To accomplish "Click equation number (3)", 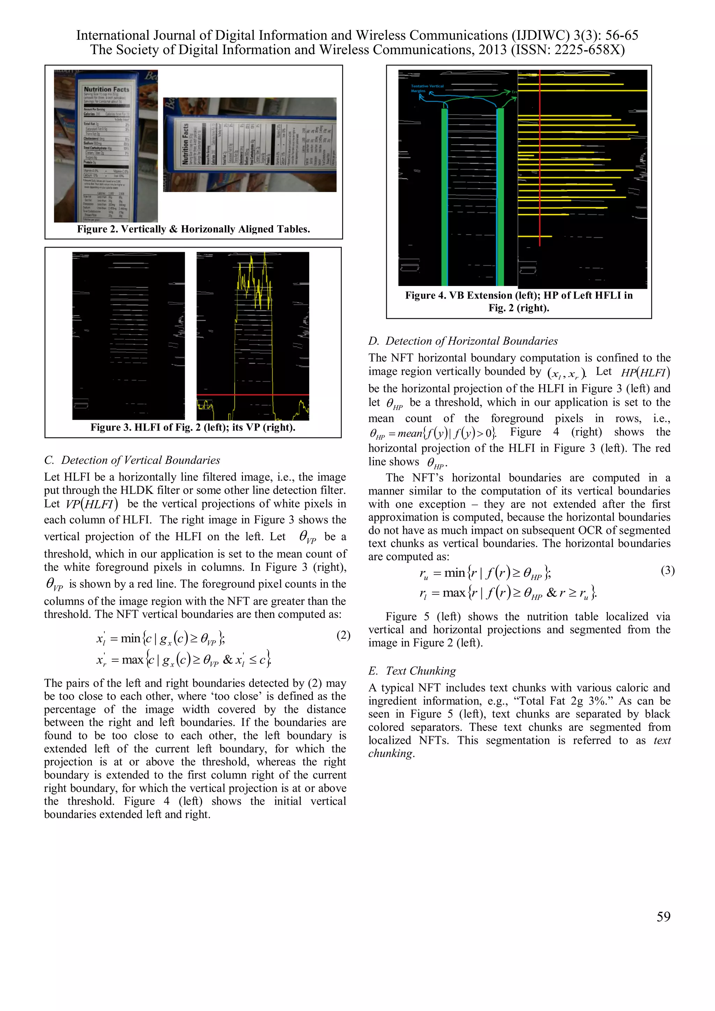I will point(668,570).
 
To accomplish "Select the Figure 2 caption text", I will point(193,229).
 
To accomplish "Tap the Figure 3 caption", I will point(193,427).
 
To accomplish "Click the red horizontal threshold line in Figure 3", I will point(253,395).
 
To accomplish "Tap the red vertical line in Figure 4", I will point(540,154).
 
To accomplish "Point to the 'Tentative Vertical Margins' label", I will point(426,88).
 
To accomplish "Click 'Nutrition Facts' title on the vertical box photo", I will point(106,89).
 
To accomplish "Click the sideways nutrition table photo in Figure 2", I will point(250,145).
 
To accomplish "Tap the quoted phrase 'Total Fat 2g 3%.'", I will point(563,701).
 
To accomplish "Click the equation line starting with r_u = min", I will point(484,573).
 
